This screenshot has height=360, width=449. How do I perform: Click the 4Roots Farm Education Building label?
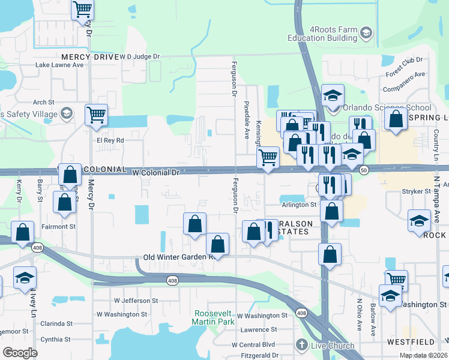pyautogui.click(x=325, y=34)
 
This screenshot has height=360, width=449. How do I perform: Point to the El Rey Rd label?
pyautogui.click(x=110, y=140)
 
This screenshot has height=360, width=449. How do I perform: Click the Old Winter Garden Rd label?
pyautogui.click(x=179, y=257)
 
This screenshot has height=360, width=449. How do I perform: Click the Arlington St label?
pyautogui.click(x=299, y=205)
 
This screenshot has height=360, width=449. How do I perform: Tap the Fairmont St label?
pyautogui.click(x=58, y=227)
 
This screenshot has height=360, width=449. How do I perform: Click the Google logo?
pyautogui.click(x=20, y=353)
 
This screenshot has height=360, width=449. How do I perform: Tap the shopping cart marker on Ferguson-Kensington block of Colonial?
pyautogui.click(x=267, y=158)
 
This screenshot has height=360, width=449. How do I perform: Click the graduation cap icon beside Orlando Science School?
pyautogui.click(x=333, y=95)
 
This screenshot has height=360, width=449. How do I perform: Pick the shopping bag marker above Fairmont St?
pyautogui.click(x=64, y=202)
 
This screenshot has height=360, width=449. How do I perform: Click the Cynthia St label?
pyautogui.click(x=55, y=339)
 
